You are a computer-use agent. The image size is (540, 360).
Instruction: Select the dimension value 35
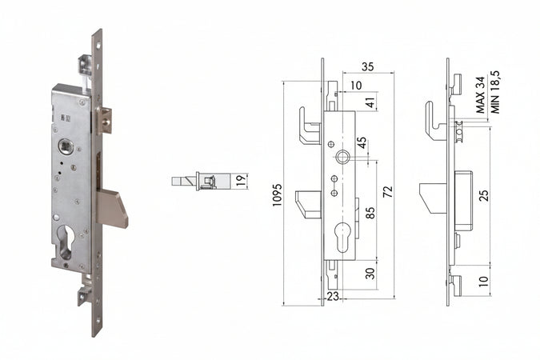(368, 66)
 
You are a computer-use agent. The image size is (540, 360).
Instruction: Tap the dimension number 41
(369, 102)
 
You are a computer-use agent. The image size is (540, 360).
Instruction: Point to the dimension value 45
(362, 146)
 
